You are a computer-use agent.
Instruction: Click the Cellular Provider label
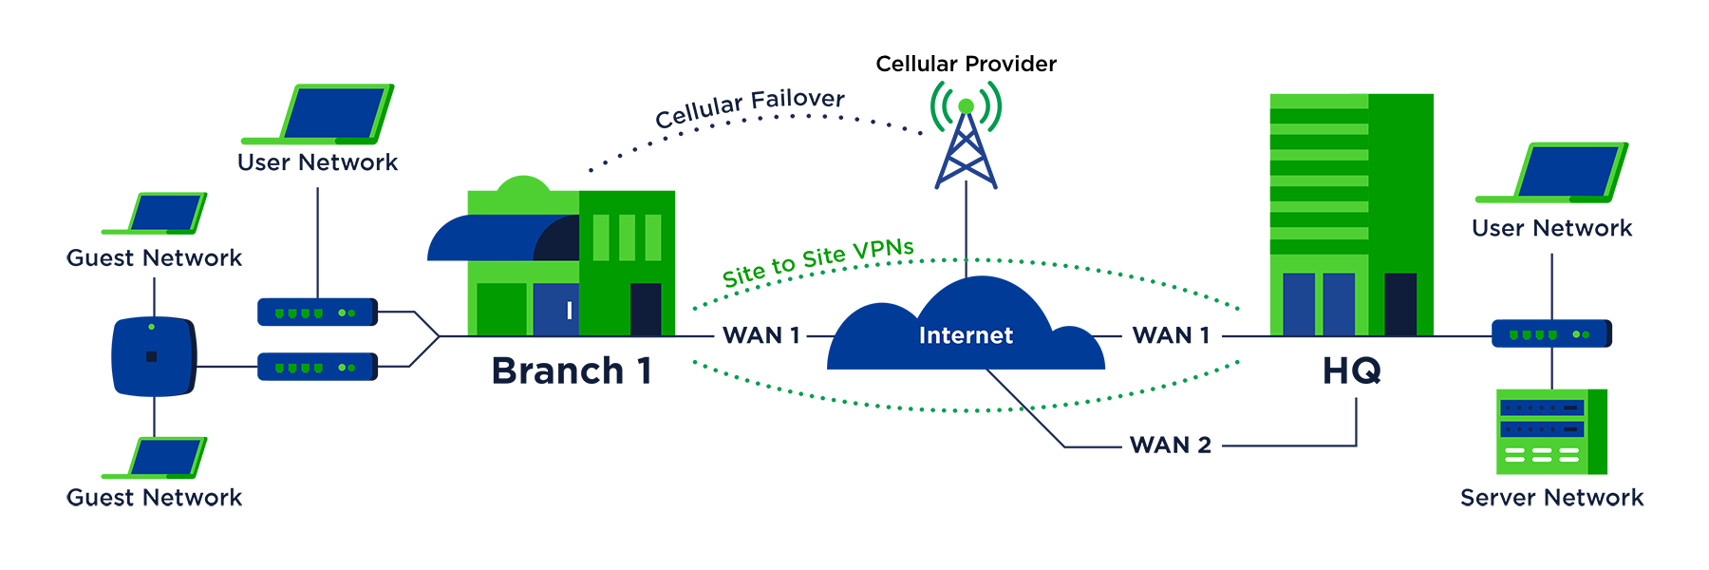click(x=966, y=64)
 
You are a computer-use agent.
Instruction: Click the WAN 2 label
click(x=1170, y=445)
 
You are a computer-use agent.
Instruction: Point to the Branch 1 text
click(x=572, y=370)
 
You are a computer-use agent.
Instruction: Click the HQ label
click(x=1351, y=370)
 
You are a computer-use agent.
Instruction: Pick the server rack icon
click(x=1550, y=431)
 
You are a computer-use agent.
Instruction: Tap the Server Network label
click(x=1551, y=498)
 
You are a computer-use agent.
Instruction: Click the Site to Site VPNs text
click(x=818, y=262)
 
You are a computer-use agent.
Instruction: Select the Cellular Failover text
click(x=750, y=108)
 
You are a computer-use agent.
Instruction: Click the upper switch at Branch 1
click(x=317, y=312)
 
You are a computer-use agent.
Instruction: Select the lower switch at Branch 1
click(x=317, y=367)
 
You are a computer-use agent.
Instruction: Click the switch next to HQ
click(x=1551, y=333)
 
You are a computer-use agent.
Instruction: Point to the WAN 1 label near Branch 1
click(x=761, y=335)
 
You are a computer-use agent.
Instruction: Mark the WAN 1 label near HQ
click(x=1171, y=335)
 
